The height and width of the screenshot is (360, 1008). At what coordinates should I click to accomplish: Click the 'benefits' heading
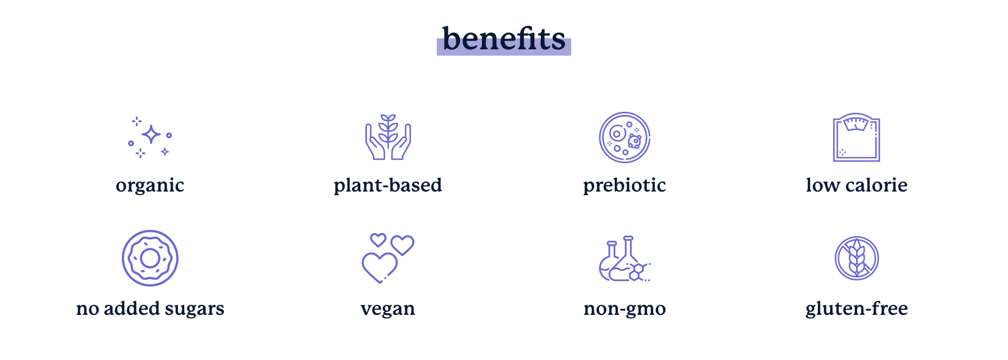[x=504, y=39]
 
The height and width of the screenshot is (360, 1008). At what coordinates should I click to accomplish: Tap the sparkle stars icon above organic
[x=151, y=135]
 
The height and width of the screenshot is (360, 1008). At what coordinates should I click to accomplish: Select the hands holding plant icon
[x=388, y=137]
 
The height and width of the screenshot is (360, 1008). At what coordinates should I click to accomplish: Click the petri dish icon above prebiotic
[x=625, y=137]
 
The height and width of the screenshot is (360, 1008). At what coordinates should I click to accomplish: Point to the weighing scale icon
[x=856, y=137]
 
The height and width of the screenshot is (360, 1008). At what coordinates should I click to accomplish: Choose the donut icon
[x=150, y=258]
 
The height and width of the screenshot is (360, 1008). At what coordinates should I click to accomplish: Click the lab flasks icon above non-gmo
[x=625, y=259]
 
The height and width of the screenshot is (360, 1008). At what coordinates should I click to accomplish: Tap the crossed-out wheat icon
[x=857, y=258]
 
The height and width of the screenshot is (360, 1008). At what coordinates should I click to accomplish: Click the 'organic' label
[x=150, y=186]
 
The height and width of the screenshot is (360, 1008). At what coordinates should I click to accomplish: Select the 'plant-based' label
[x=388, y=185]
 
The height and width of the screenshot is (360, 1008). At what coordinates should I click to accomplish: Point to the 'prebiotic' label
[x=625, y=185]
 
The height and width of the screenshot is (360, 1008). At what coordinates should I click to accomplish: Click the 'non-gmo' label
[x=625, y=309]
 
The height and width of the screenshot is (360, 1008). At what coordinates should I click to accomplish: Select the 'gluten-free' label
[x=857, y=309]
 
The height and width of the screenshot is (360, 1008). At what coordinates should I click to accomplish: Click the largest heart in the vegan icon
[x=380, y=267]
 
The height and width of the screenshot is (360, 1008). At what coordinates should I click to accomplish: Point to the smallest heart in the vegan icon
[x=378, y=240]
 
